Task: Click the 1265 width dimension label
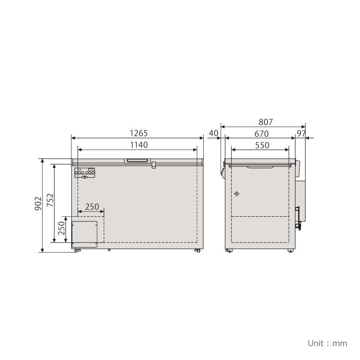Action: (x=139, y=133)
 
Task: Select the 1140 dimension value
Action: (x=139, y=145)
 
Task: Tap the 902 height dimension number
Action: (x=38, y=203)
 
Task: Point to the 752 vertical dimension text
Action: (x=50, y=200)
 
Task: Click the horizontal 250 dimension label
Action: (x=92, y=207)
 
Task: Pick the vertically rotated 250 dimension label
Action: (x=61, y=228)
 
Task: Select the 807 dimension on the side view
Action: (x=265, y=122)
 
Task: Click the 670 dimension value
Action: (x=261, y=134)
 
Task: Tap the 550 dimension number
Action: (x=262, y=145)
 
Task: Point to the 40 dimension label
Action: (x=214, y=133)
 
